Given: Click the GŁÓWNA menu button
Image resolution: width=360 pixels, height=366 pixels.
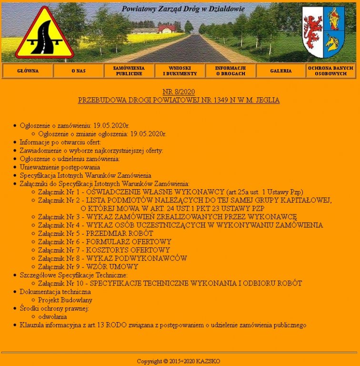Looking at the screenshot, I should pyautogui.click(x=28, y=71).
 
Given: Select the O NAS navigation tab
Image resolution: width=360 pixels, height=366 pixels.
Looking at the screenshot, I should pyautogui.click(x=79, y=71).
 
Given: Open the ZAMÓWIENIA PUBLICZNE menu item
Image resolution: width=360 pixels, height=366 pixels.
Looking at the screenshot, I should pyautogui.click(x=129, y=71).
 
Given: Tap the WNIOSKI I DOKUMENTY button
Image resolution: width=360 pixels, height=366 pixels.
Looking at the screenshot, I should pyautogui.click(x=180, y=71).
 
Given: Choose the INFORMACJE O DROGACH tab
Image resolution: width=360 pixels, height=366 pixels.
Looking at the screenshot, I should pyautogui.click(x=230, y=71).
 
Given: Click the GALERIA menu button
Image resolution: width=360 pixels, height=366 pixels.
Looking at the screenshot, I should pyautogui.click(x=281, y=71).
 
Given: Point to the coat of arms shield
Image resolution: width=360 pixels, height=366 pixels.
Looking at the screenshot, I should pyautogui.click(x=323, y=32).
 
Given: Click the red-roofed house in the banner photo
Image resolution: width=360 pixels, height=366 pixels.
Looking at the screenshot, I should pyautogui.click(x=167, y=29).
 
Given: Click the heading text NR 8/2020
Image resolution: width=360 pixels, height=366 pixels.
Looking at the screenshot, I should pyautogui.click(x=179, y=92).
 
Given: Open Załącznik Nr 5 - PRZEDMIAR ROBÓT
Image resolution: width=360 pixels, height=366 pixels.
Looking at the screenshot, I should pyautogui.click(x=95, y=234).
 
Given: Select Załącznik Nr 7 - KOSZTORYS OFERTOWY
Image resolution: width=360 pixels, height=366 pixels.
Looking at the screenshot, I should pyautogui.click(x=104, y=250).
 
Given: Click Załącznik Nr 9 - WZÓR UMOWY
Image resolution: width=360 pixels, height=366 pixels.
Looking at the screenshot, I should pyautogui.click(x=88, y=267).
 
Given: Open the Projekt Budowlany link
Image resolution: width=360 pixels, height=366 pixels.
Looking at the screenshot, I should pyautogui.click(x=65, y=300).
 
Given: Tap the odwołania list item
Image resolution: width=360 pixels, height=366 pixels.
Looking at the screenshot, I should pyautogui.click(x=52, y=316).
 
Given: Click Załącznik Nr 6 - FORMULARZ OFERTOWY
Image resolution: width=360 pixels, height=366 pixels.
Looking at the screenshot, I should pyautogui.click(x=104, y=242).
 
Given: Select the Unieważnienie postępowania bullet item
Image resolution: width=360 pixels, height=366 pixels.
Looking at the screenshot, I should pyautogui.click(x=60, y=167).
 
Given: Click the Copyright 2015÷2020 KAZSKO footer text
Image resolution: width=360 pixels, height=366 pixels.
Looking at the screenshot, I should pyautogui.click(x=179, y=361).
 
